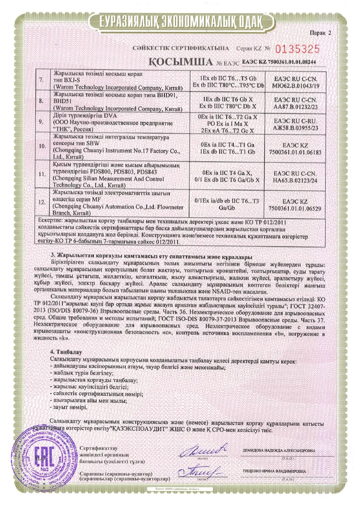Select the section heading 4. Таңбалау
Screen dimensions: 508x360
point(66,351)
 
